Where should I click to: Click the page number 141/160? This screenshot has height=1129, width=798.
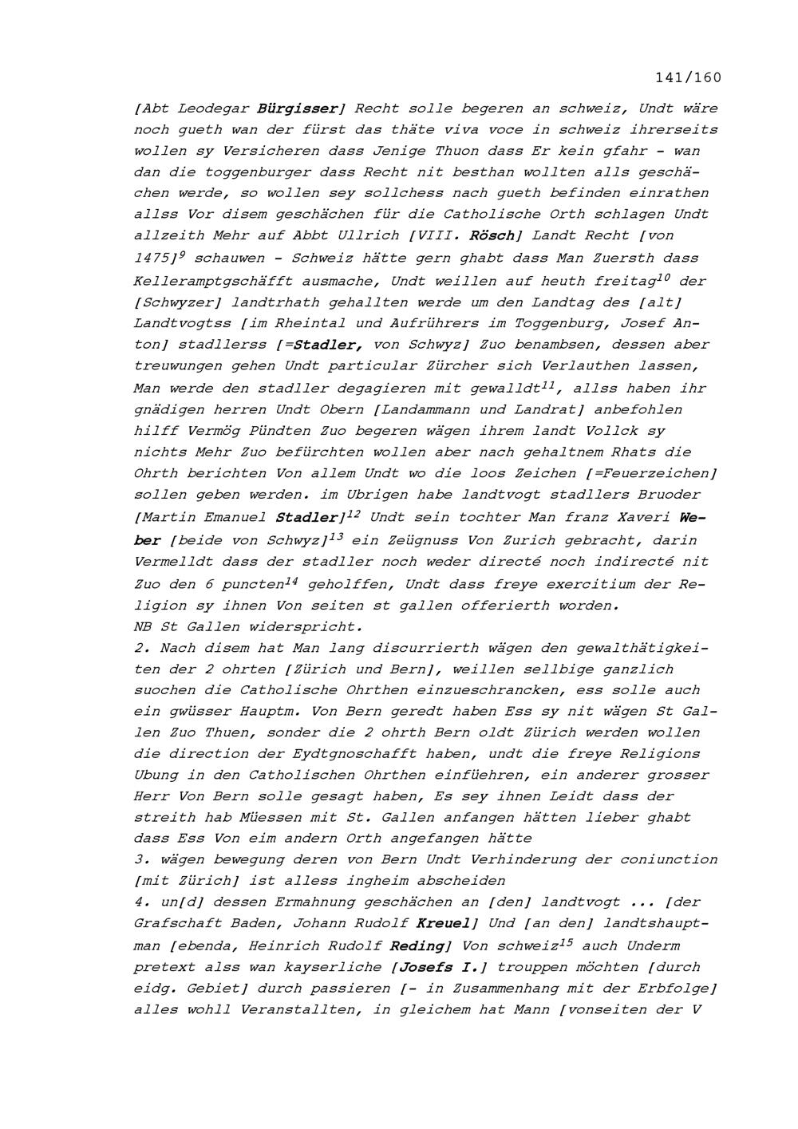688,77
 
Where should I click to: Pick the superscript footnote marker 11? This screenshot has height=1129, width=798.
547,385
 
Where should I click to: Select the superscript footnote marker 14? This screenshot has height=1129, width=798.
291,579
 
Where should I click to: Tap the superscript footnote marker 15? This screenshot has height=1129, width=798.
566,942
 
